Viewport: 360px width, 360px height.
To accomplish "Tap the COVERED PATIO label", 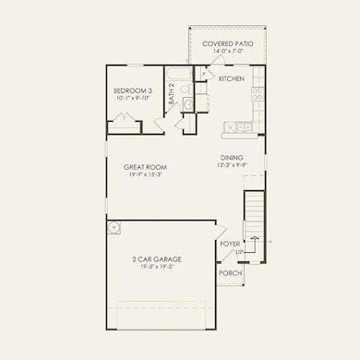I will pyautogui.click(x=228, y=42).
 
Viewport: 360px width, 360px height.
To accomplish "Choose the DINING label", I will pyautogui.click(x=232, y=157).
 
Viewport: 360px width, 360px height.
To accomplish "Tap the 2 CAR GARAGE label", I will pyautogui.click(x=156, y=261).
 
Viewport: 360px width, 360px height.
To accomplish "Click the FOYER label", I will pyautogui.click(x=230, y=245).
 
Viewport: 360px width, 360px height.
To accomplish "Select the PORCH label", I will pyautogui.click(x=230, y=274).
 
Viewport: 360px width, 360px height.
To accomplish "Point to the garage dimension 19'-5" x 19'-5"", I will pyautogui.click(x=156, y=270).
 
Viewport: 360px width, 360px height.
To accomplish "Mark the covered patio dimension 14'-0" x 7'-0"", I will pyautogui.click(x=228, y=50).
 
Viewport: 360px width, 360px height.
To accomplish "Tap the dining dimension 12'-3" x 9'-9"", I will pyautogui.click(x=232, y=164).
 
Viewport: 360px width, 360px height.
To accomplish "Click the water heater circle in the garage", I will pyautogui.click(x=114, y=227).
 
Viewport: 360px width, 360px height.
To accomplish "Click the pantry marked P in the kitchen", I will pyautogui.click(x=206, y=76).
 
